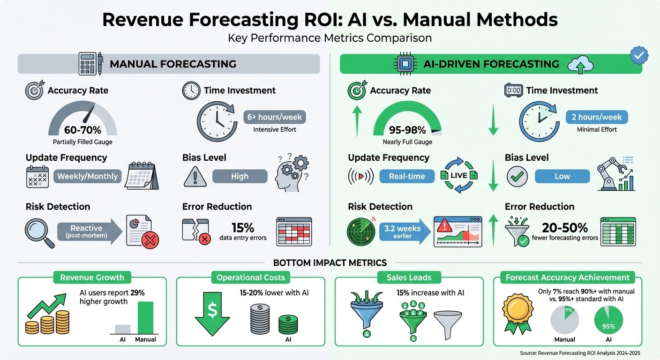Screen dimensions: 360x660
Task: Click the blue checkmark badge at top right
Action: [x=639, y=55]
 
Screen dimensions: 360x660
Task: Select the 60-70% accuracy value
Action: [x=82, y=130]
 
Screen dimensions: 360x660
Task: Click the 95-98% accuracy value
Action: [x=407, y=130]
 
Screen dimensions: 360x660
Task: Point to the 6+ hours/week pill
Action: [x=275, y=117]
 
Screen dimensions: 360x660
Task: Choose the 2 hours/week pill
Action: [x=597, y=117]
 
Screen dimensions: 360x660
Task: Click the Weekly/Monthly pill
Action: [x=87, y=177]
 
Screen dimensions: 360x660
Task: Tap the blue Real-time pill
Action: [x=406, y=177]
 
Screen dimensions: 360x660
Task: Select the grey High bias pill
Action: [x=240, y=177]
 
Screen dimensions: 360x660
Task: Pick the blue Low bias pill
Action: [x=562, y=177]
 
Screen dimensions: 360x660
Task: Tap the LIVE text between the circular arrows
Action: [x=458, y=175]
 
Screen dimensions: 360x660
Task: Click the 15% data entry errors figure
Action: [x=243, y=228]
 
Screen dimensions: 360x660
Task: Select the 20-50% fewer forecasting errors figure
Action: [x=565, y=228]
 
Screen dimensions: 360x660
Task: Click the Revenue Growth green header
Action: [x=92, y=277]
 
